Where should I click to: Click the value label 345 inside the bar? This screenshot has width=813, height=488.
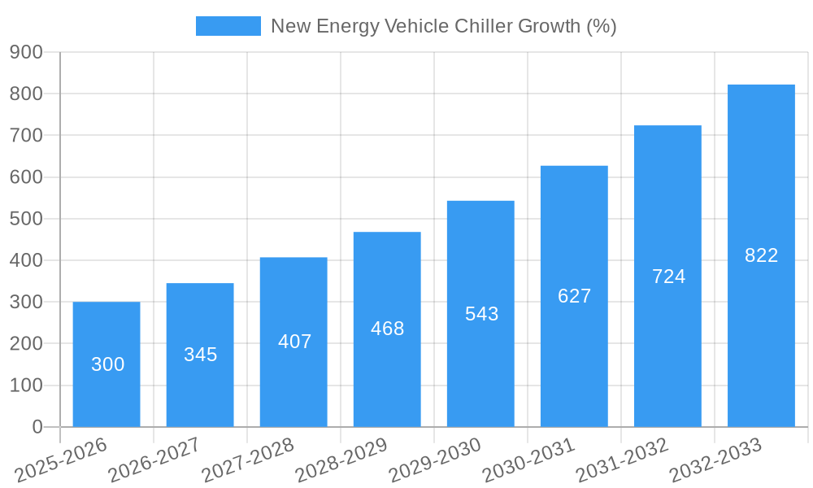point(200,355)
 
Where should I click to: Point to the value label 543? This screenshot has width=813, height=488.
point(481,314)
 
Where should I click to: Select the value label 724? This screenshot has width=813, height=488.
point(668,277)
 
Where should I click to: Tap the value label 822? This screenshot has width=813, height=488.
point(761,255)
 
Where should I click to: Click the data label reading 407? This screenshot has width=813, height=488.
point(294,342)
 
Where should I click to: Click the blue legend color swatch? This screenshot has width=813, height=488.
point(228,26)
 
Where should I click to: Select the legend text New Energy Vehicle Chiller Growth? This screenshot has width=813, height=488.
point(443,26)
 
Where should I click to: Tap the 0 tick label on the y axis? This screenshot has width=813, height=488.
point(37,427)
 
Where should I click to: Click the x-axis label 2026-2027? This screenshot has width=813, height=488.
point(154,460)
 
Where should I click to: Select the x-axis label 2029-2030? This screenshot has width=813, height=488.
point(435,460)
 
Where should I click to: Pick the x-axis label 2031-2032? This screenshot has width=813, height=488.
point(622,460)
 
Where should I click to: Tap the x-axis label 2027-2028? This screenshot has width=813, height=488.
point(248,460)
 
